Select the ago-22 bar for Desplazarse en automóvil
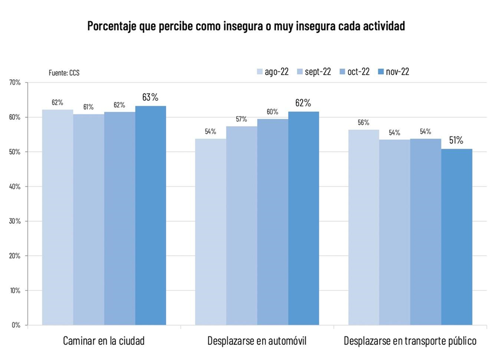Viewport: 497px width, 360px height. [x=210, y=232]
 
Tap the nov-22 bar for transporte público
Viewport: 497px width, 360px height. [x=457, y=237]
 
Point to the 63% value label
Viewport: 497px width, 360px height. [x=150, y=98]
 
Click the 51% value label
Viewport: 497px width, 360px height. [x=456, y=141]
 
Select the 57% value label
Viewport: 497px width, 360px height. [x=241, y=119]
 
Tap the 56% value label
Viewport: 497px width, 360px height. [x=364, y=123]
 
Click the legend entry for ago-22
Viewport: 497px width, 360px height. [x=272, y=72]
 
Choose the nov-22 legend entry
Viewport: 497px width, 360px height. [x=393, y=72]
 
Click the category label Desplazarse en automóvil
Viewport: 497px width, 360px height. [x=257, y=341]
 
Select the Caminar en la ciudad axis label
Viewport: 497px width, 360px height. [x=104, y=341]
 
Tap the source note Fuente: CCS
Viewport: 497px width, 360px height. [x=64, y=73]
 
